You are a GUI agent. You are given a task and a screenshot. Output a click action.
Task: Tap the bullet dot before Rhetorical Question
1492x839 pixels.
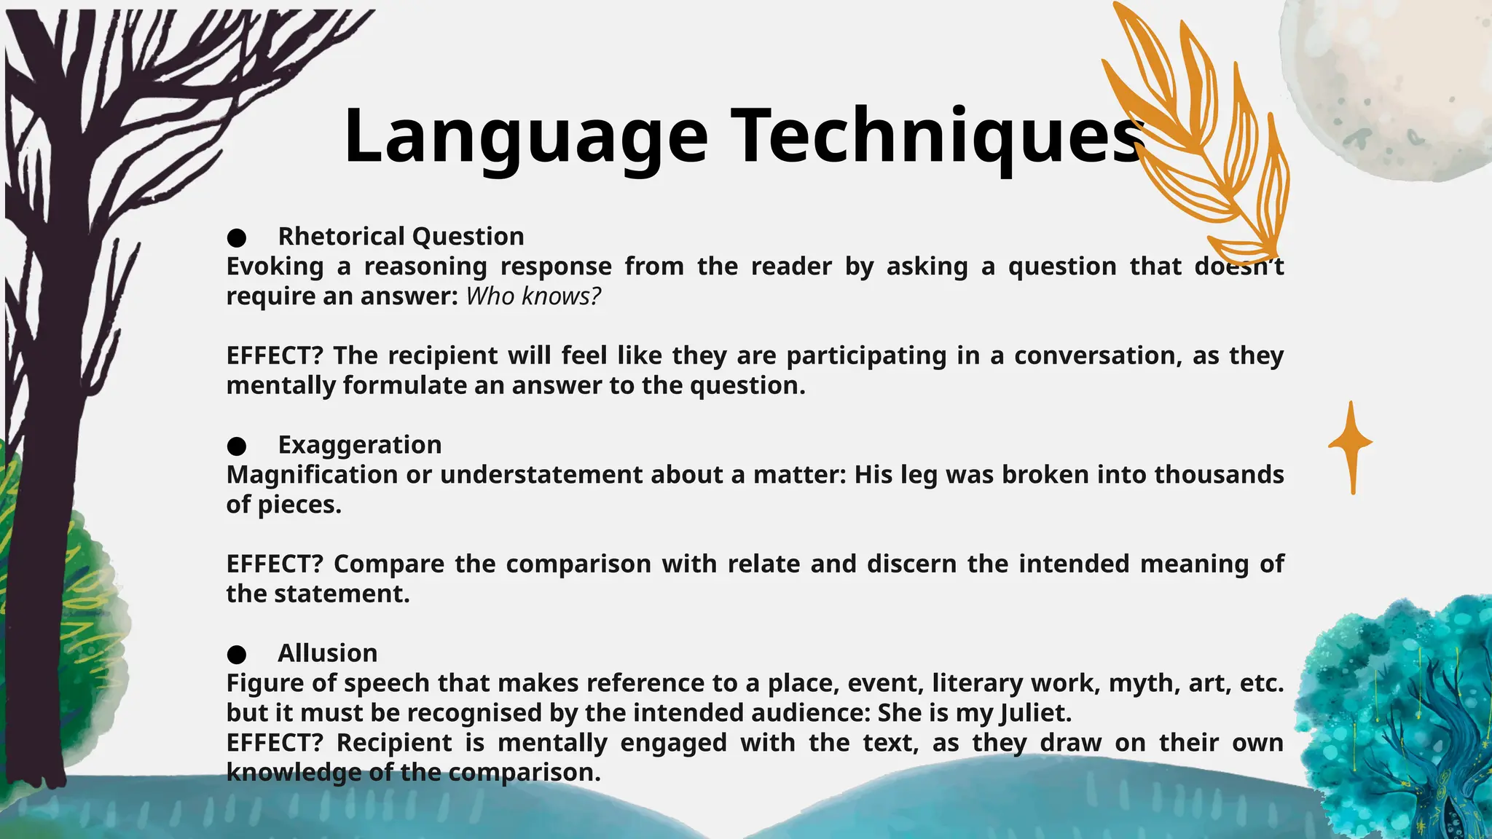[236, 237]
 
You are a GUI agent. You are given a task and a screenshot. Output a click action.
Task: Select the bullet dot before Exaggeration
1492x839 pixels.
[236, 446]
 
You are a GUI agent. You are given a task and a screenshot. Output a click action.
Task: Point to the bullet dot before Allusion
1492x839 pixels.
[236, 654]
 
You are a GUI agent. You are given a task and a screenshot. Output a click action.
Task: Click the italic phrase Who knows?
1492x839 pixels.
[533, 296]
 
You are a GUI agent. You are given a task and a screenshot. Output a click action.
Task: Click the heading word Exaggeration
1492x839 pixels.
[360, 445]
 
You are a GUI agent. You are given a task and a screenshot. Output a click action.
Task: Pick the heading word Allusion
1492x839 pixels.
[328, 653]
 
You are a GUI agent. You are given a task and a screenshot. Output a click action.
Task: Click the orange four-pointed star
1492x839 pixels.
[1352, 444]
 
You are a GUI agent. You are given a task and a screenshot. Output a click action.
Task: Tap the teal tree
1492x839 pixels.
[1399, 721]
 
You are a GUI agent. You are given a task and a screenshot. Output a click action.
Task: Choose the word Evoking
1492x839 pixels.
[275, 267]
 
